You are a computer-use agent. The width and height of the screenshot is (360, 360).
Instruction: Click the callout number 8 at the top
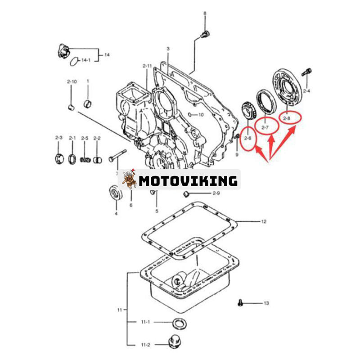(205, 13)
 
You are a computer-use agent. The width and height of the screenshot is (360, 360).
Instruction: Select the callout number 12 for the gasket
(264, 221)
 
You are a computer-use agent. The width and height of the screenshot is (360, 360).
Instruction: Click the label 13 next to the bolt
(266, 303)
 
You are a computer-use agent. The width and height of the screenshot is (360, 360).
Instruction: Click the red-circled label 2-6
(247, 139)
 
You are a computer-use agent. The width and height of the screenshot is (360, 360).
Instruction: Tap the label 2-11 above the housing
(147, 66)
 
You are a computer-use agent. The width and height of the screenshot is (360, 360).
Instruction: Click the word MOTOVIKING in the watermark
(188, 181)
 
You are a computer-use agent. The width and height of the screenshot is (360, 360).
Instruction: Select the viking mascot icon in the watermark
(129, 180)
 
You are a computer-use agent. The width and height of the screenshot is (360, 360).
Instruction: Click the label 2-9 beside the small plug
(203, 193)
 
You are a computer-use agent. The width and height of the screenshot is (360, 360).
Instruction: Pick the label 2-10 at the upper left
(72, 81)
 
